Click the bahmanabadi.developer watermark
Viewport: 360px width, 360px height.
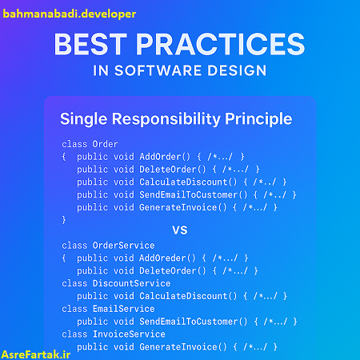(x=70, y=14)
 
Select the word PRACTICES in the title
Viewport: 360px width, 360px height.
(x=226, y=43)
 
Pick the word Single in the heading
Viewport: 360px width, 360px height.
(x=85, y=119)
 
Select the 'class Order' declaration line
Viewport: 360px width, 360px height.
(x=90, y=144)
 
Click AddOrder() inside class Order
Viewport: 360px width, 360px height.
(x=167, y=157)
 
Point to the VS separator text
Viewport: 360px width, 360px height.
(x=180, y=230)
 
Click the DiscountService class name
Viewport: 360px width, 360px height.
(x=130, y=283)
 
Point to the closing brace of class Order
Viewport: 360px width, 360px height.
(x=65, y=219)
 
